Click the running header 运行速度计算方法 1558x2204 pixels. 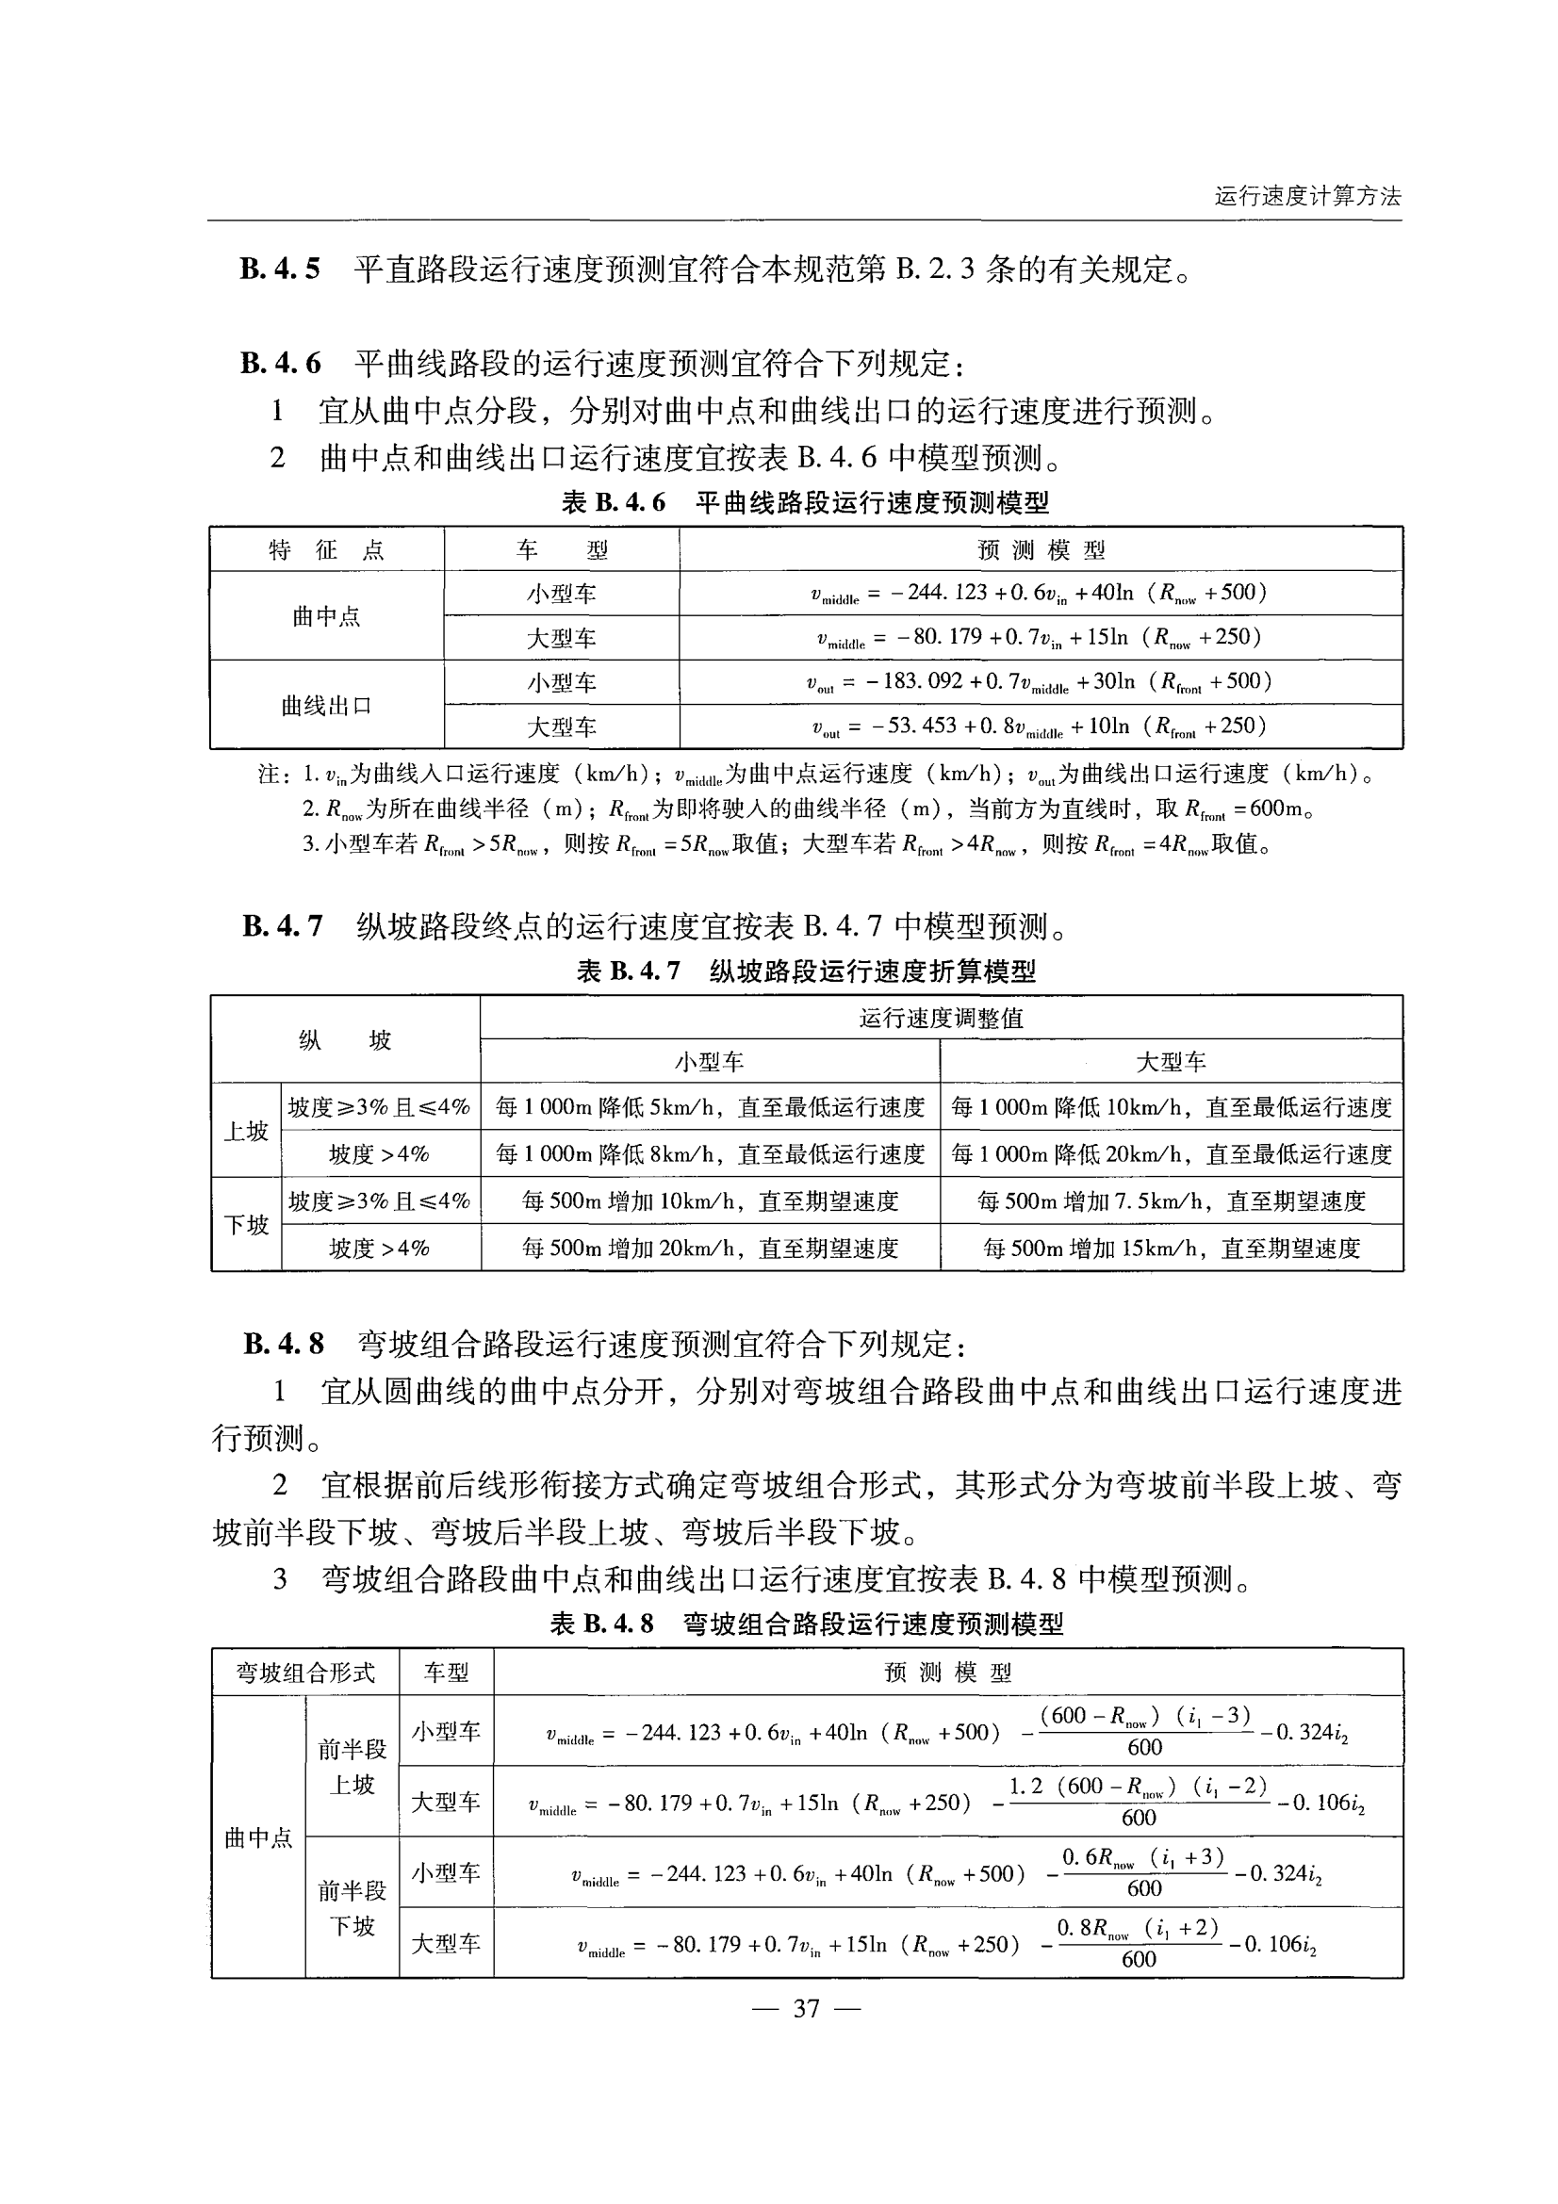click(x=1306, y=197)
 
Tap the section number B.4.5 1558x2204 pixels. click(x=279, y=269)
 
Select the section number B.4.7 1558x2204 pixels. click(x=282, y=926)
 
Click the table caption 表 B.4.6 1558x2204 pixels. click(x=614, y=502)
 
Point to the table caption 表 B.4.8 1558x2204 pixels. click(x=602, y=1624)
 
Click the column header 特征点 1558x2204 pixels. click(x=326, y=550)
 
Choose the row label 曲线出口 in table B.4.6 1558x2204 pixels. click(x=326, y=706)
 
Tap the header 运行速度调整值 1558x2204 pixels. click(x=941, y=1019)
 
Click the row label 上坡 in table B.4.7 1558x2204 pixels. click(x=246, y=1132)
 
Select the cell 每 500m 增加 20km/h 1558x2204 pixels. click(x=710, y=1248)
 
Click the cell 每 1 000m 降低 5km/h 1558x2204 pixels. click(x=710, y=1108)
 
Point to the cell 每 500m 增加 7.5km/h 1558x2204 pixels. click(x=1171, y=1200)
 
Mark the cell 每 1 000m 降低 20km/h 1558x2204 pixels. click(x=1171, y=1154)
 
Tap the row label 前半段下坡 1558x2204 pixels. click(x=352, y=1908)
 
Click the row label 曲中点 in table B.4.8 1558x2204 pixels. click(x=258, y=1838)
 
